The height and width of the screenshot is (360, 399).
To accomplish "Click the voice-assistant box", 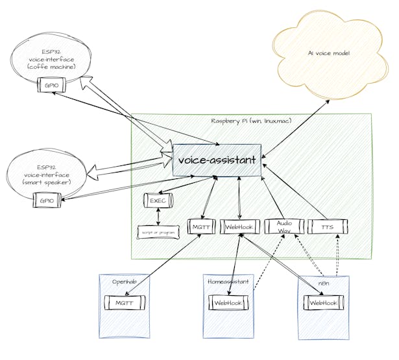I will point(217,160).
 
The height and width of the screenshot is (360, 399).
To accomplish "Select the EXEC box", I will point(158,201).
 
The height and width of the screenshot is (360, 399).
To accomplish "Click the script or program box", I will point(158,232).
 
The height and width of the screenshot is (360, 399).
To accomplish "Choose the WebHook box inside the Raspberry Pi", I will point(241,226).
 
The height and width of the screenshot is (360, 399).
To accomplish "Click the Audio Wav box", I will point(284,226).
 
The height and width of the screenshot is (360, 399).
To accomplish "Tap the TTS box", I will point(328,226).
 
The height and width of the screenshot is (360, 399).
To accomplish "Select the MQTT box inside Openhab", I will point(124,302).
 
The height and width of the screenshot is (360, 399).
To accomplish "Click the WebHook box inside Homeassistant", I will point(228,302).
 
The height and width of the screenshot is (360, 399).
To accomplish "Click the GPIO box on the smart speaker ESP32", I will point(46,200).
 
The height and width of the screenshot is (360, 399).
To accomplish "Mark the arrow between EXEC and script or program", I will point(158,216).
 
